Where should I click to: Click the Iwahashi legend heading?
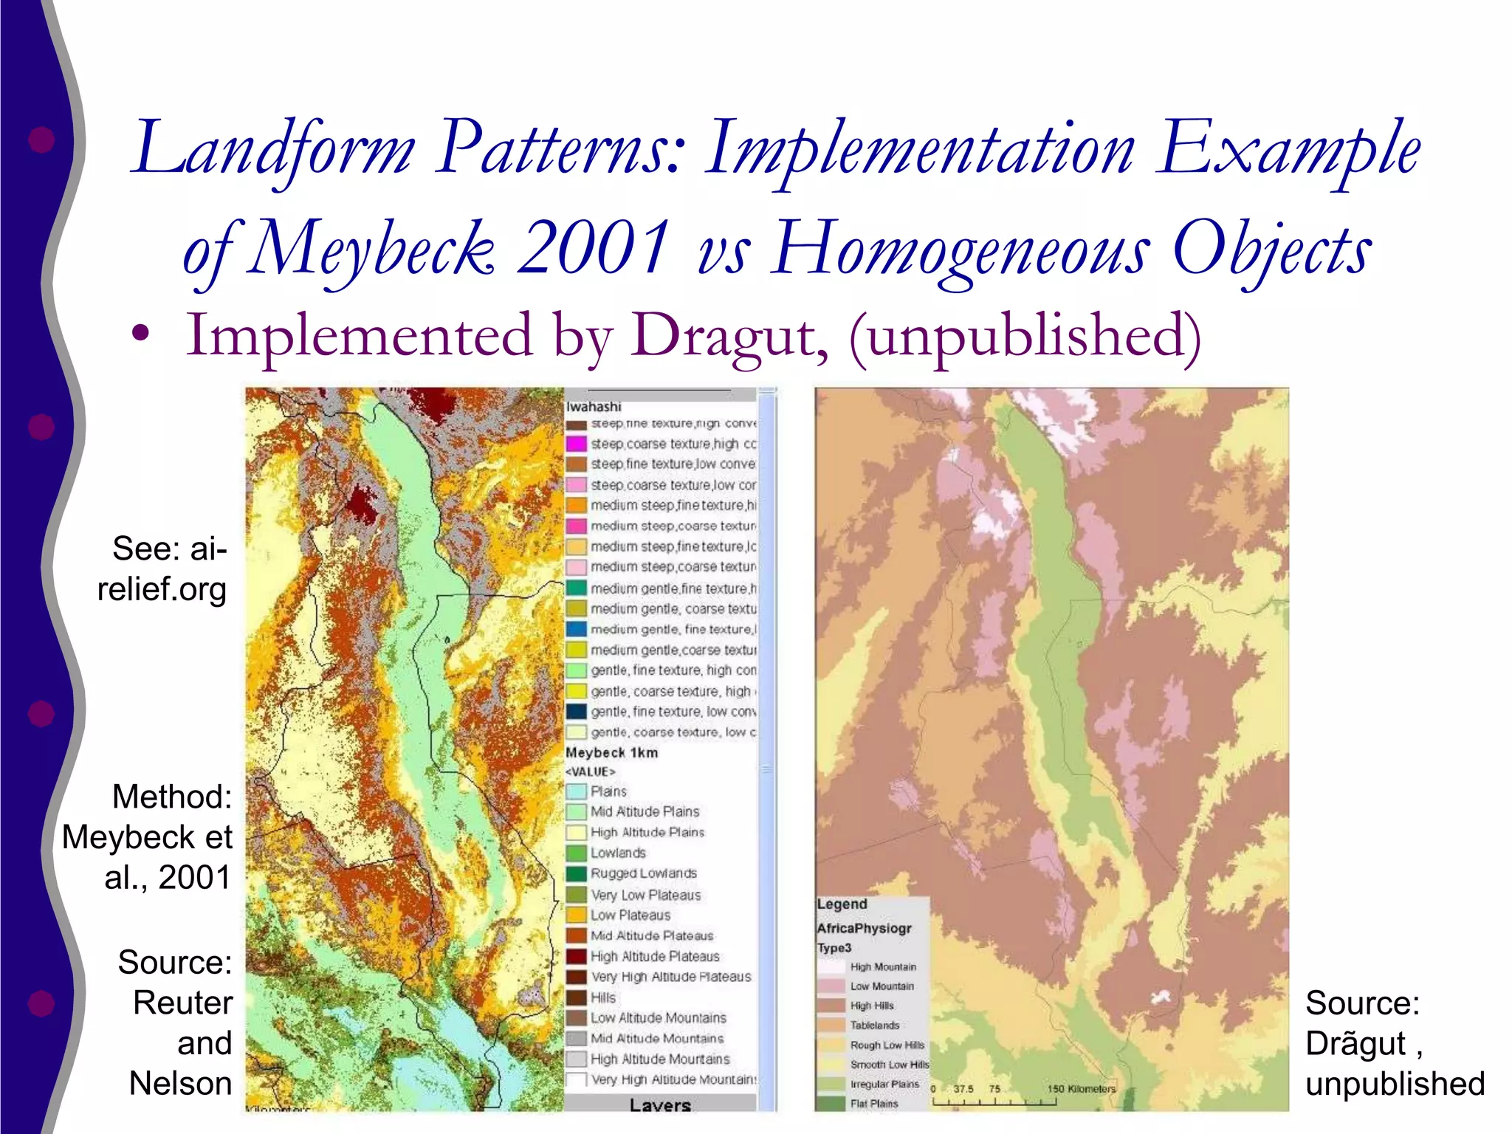coord(594,407)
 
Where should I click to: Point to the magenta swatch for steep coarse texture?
coord(577,444)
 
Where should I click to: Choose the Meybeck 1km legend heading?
coord(611,752)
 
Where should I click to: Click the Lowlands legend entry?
coord(618,853)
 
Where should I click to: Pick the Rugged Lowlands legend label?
coord(643,873)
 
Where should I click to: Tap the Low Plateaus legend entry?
coord(630,915)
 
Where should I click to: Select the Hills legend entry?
coord(602,997)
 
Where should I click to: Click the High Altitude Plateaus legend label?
coord(654,956)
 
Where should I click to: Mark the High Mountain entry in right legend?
coord(882,967)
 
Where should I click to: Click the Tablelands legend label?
coord(874,1025)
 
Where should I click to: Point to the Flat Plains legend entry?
coord(873,1104)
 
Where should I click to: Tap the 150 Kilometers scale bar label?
coord(1081,1089)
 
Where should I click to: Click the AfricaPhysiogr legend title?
coord(864,928)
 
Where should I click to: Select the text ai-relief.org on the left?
coord(162,569)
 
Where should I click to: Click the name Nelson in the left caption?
coord(180,1084)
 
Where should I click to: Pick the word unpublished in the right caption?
coord(1395,1084)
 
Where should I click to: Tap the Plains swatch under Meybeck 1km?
coord(577,791)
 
